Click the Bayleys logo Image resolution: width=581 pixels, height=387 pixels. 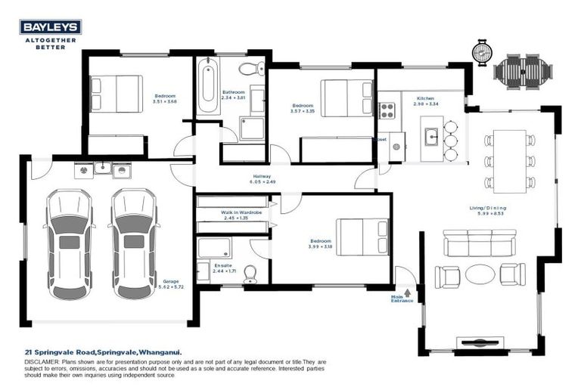[x=51, y=27]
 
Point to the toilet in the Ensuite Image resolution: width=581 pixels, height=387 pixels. [x=250, y=274]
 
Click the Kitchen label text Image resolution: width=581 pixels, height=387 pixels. [x=425, y=99]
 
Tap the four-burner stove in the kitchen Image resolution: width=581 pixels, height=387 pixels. [x=387, y=111]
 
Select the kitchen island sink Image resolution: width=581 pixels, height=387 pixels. [x=431, y=137]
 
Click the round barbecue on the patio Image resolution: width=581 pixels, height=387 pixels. [x=482, y=52]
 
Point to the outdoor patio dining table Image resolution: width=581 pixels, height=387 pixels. [x=522, y=70]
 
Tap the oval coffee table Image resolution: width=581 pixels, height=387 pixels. [x=480, y=274]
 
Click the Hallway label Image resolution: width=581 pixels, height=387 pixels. [x=262, y=177]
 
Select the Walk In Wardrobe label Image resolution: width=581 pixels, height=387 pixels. [x=241, y=212]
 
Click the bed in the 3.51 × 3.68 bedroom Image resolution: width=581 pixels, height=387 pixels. [x=117, y=94]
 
